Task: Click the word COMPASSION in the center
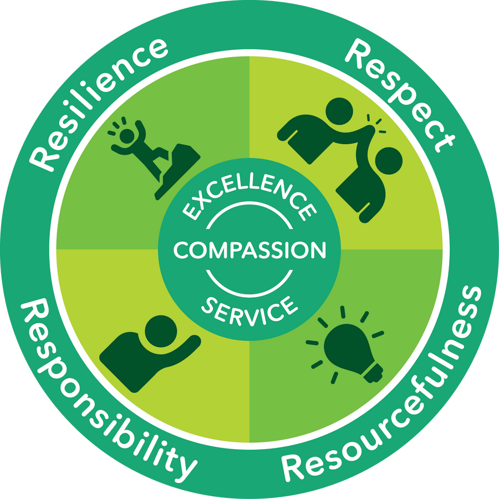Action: tap(249, 250)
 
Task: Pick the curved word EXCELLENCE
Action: tap(249, 194)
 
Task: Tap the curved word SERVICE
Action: tap(249, 310)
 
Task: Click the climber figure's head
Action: tap(127, 136)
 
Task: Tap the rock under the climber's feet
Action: tap(177, 172)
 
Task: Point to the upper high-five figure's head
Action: tap(339, 111)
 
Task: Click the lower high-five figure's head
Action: tap(389, 161)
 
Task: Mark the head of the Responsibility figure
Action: tap(161, 332)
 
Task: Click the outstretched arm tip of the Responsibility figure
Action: tap(195, 340)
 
